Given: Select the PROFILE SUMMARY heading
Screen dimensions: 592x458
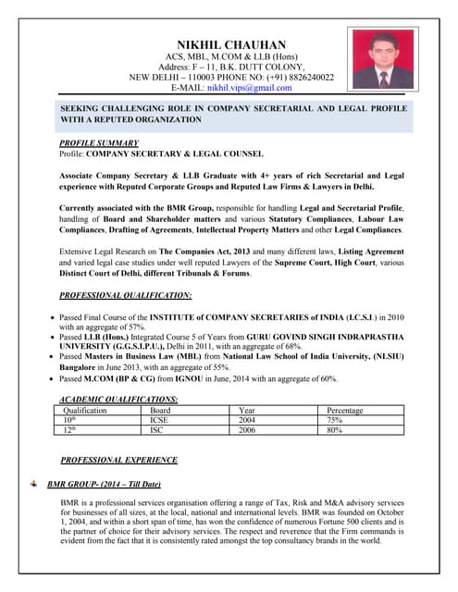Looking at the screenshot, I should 99,143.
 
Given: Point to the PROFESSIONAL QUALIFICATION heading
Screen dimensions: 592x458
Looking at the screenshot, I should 125,295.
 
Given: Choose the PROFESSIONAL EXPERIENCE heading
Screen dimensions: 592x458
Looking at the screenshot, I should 118,460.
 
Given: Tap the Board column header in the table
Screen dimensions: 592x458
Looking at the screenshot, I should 161,410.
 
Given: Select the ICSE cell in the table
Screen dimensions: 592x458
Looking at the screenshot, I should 159,420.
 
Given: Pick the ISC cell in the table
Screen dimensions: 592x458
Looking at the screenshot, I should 157,430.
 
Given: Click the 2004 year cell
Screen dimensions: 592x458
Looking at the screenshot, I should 247,420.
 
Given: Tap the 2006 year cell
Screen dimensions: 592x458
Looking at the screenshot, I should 247,430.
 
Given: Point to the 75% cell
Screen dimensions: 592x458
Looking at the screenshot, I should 335,420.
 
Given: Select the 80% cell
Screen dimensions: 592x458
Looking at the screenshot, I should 335,430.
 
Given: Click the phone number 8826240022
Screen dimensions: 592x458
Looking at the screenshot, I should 310,78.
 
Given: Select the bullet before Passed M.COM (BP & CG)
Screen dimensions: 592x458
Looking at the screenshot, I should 52,379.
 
